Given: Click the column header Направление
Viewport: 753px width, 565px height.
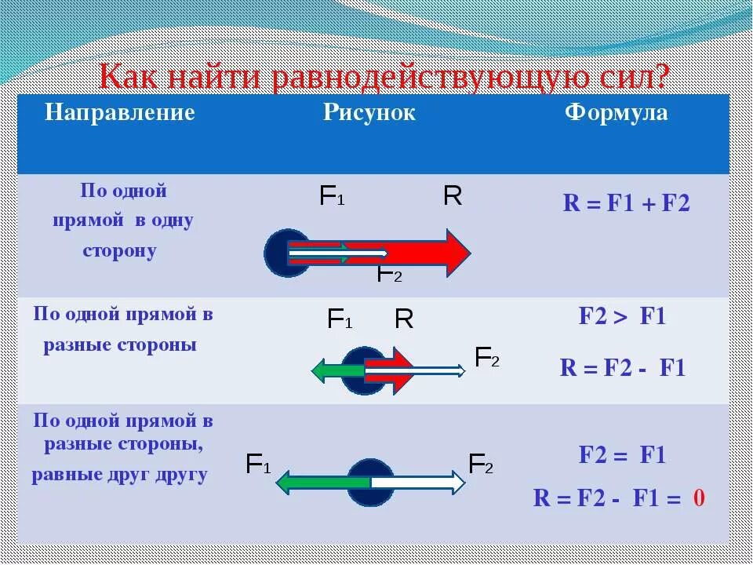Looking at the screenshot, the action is pos(119,113).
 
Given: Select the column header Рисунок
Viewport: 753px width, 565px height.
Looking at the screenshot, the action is pos(369,113).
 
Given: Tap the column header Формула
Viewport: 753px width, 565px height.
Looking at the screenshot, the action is pos(617,113).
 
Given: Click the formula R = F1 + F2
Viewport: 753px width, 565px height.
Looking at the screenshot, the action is pos(626,204).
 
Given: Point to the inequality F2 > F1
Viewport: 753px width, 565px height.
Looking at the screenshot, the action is pos(622,317).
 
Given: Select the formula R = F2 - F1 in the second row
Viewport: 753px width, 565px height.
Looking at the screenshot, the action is pos(622,368).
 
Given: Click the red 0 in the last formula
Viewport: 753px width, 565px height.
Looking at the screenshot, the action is pos(700,498).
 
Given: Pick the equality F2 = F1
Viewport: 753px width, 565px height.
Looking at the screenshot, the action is pos(622,455).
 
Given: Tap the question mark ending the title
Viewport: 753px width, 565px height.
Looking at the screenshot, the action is pos(660,78).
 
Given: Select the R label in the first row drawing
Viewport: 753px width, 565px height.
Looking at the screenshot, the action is pos(453,196).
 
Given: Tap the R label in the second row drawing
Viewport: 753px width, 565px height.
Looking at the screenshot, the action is pos(404,319).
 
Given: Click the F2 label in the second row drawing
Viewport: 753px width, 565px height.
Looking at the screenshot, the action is pos(487,358).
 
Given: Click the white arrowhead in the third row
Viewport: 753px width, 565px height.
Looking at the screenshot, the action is pos(456,482).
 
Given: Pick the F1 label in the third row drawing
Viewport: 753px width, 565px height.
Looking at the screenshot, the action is pos(258,465).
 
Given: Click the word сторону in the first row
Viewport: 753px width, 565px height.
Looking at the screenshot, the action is pos(119,251).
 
